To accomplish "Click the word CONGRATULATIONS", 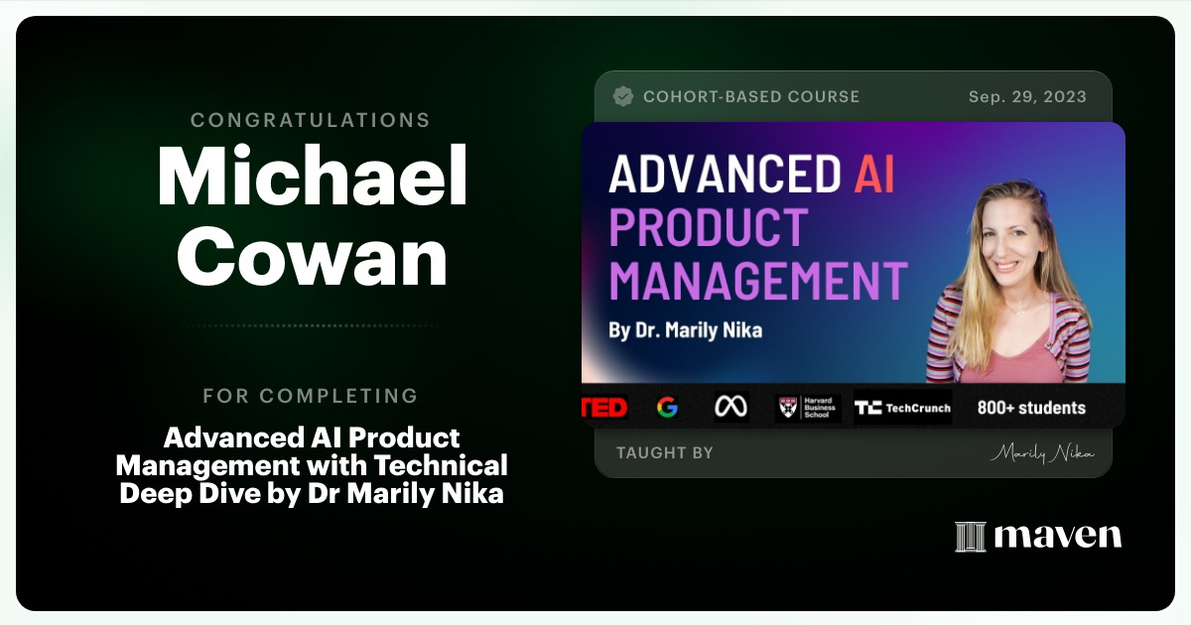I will click(311, 120).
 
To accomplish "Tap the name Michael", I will click(312, 178).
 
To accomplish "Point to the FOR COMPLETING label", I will click(311, 396).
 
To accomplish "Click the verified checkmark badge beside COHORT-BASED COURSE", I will click(623, 96).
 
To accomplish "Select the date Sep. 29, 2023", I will click(1027, 96).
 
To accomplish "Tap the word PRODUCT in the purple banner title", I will click(708, 227).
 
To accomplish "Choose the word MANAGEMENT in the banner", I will click(758, 280).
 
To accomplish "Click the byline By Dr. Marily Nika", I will click(685, 330).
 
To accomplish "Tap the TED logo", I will click(604, 408).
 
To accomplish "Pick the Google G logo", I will click(667, 408).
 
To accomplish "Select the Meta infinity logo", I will click(731, 408).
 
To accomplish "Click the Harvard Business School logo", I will click(808, 408).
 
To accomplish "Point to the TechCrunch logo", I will click(902, 408).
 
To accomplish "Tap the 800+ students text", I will click(1031, 408).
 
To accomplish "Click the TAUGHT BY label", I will click(664, 453).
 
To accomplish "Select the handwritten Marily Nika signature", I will click(1042, 453).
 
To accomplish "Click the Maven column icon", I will click(970, 537).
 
